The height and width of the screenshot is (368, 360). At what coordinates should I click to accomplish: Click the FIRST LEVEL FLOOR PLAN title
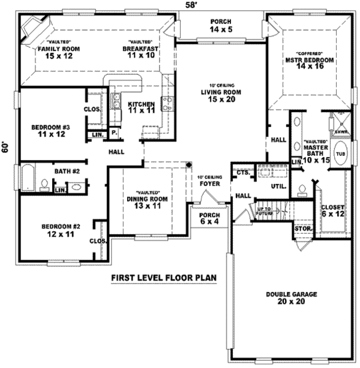[163, 278]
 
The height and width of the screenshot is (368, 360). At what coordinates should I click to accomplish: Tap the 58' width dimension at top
[191, 5]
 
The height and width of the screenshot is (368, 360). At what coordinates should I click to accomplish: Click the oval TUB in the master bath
[340, 153]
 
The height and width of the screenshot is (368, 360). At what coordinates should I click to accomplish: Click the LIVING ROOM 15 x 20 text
[220, 96]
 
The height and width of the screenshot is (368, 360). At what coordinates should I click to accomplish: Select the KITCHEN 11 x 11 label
[142, 107]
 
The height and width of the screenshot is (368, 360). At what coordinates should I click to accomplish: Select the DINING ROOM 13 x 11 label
[145, 202]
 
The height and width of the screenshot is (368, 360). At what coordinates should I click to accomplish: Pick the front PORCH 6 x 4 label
[209, 218]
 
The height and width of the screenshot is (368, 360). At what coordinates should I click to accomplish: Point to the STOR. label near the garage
[302, 229]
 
